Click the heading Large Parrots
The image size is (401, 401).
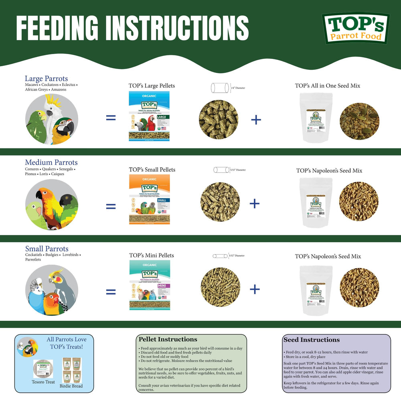click(x=46, y=79)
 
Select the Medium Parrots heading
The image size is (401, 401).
click(x=51, y=162)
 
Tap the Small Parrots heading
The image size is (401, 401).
click(x=47, y=249)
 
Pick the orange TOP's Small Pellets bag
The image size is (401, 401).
click(x=149, y=199)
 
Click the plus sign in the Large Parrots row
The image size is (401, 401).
click(x=256, y=119)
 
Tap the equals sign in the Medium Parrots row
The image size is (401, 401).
click(x=110, y=206)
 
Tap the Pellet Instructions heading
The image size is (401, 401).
click(x=168, y=340)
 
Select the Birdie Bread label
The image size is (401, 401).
click(x=72, y=386)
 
